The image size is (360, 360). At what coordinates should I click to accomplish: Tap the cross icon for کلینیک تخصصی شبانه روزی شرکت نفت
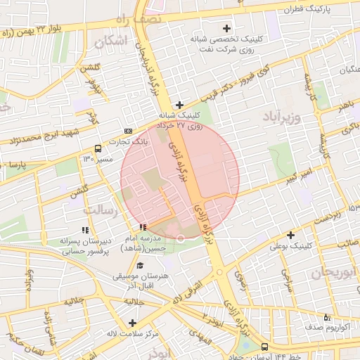tap(226, 29)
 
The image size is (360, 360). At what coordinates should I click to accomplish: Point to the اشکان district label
tap(115, 41)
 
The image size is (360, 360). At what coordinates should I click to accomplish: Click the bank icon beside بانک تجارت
tap(128, 131)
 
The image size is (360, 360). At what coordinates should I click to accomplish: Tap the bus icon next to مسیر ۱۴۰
tap(97, 148)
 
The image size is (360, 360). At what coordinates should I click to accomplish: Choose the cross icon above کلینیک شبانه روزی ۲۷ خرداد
tap(180, 104)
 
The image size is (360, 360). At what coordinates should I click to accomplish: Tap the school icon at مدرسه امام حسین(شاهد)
tap(143, 227)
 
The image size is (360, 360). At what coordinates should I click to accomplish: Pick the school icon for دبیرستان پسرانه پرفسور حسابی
tap(85, 230)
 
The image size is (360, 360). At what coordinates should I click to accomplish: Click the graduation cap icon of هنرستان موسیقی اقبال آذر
tap(140, 266)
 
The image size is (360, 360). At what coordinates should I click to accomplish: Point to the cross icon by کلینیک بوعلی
tap(290, 235)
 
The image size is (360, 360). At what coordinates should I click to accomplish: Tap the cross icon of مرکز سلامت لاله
tap(132, 322)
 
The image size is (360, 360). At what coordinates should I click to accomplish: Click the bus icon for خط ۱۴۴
tap(264, 347)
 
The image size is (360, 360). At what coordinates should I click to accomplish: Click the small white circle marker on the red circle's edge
tap(181, 239)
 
